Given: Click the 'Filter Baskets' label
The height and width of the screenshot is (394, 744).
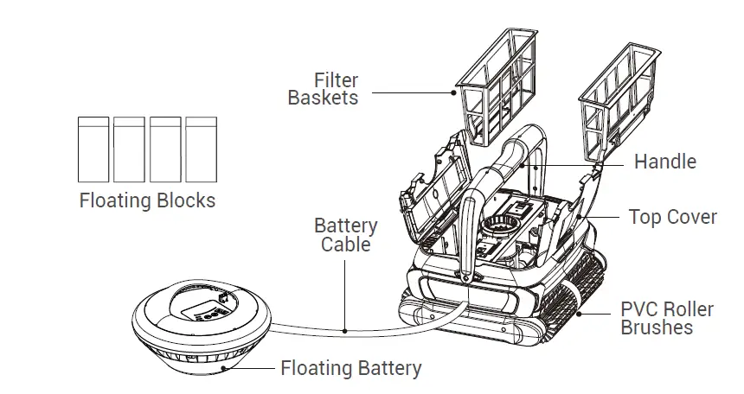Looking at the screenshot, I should [x=323, y=89].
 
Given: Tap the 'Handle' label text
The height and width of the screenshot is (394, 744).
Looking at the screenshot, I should [x=664, y=162].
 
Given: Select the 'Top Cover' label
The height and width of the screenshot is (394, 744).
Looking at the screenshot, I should [x=672, y=217].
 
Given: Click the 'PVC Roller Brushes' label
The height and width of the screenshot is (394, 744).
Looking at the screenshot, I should [x=667, y=318].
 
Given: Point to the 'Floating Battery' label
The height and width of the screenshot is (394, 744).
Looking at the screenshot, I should [x=351, y=369].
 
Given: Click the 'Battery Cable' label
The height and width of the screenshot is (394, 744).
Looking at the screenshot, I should [x=345, y=235].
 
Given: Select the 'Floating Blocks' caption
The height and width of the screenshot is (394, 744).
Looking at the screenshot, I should [x=147, y=200].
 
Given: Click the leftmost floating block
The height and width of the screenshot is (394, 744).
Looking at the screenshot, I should [x=93, y=148].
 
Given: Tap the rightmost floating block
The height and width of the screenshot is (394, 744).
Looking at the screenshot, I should [x=201, y=148].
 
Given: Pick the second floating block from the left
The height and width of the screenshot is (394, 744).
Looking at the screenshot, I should [x=129, y=148].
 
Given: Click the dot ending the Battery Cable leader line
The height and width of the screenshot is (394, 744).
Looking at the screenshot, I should [x=345, y=330].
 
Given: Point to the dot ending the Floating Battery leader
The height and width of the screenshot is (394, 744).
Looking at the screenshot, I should [x=223, y=367].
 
